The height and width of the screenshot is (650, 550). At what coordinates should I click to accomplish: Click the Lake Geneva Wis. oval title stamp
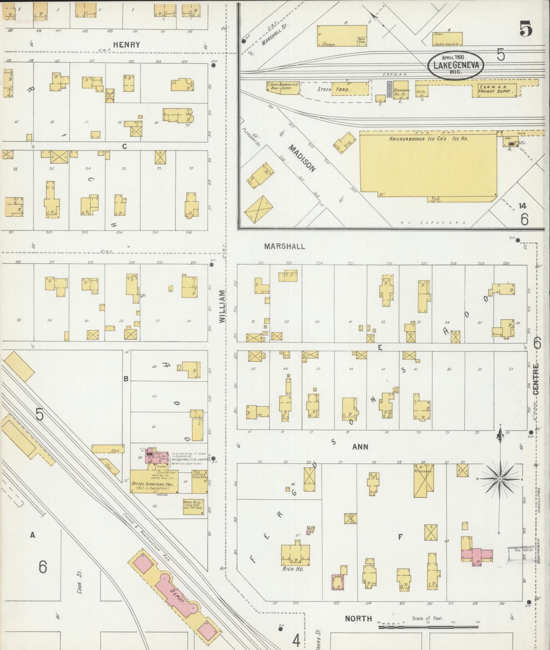[x=456, y=65]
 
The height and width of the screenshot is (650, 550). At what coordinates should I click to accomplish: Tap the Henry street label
[x=127, y=44]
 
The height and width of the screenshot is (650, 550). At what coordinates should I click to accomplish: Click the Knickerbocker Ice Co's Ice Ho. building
[x=428, y=167]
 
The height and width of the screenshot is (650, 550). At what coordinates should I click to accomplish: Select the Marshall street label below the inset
[x=284, y=246]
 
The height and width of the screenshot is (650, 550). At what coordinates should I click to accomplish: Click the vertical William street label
[x=222, y=307]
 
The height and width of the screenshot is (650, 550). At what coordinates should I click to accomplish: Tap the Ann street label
[x=360, y=447]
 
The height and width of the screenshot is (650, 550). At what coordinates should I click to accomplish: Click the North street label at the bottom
[x=358, y=618]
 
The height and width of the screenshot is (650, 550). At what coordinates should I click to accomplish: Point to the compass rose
[x=499, y=479]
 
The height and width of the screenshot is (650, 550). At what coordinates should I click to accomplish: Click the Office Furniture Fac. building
[x=154, y=482]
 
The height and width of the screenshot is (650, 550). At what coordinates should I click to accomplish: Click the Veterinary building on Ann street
[x=424, y=480]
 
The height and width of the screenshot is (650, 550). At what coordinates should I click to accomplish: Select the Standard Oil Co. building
[x=401, y=90]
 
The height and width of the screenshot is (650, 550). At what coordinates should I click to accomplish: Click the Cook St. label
[x=78, y=579]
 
